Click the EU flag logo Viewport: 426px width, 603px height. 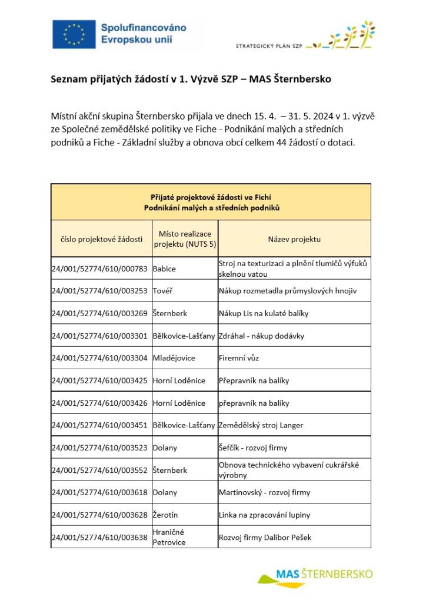pyautogui.click(x=74, y=34)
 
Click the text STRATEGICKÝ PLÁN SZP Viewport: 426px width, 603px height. pyautogui.click(x=269, y=46)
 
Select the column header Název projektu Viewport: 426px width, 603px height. pyautogui.click(x=294, y=239)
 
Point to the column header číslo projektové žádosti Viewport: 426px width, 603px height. pyautogui.click(x=101, y=239)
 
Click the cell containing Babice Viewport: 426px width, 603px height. pyautogui.click(x=164, y=269)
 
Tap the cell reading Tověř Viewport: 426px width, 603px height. pyautogui.click(x=163, y=291)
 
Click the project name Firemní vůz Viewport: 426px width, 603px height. pyautogui.click(x=239, y=358)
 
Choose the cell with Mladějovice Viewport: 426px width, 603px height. pyautogui.click(x=174, y=358)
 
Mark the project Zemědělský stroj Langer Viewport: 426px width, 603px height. pyautogui.click(x=261, y=425)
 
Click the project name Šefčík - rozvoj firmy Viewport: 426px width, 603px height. pyautogui.click(x=253, y=448)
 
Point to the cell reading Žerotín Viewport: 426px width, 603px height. pyautogui.click(x=165, y=515)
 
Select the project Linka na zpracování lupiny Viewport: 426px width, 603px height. pyautogui.click(x=264, y=515)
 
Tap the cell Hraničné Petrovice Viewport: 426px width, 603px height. pyautogui.click(x=169, y=537)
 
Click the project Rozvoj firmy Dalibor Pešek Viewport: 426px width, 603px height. pyautogui.click(x=265, y=537)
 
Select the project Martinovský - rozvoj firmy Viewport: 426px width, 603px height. pyautogui.click(x=264, y=492)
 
